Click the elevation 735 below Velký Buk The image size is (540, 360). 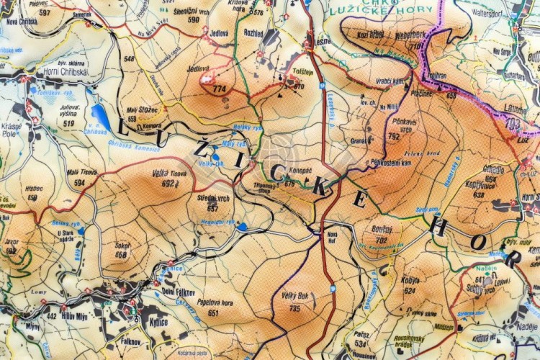(294, 308)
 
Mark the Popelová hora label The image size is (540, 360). (212, 303)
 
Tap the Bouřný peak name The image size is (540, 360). (382, 230)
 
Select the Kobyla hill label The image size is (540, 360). (410, 281)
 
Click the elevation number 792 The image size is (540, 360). (394, 135)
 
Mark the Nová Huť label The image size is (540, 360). (332, 235)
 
